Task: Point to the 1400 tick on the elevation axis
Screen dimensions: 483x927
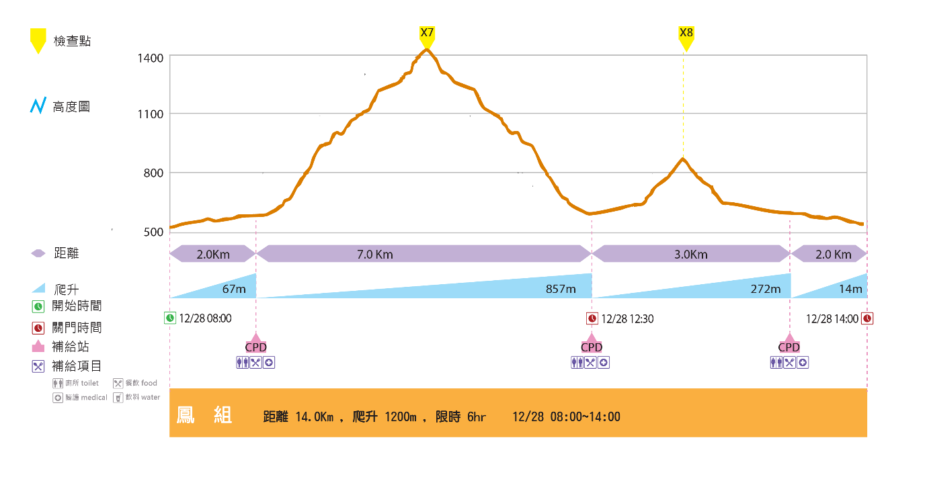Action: (151, 58)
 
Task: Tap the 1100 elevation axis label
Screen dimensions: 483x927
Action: (151, 114)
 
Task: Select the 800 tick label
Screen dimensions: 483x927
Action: (154, 173)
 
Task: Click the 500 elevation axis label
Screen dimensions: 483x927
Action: (154, 232)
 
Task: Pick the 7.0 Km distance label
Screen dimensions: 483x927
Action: (374, 255)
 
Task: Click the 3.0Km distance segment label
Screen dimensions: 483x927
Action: (690, 255)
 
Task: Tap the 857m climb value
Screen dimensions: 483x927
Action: (561, 289)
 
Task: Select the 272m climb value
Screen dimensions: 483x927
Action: (766, 289)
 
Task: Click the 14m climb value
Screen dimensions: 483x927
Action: (850, 289)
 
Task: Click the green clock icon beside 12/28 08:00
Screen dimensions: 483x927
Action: (170, 318)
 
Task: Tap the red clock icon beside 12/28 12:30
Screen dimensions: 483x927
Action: (592, 318)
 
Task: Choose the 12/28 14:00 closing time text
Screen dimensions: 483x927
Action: (832, 318)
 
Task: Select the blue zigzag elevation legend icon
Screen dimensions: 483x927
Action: (38, 106)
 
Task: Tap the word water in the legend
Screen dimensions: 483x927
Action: (151, 398)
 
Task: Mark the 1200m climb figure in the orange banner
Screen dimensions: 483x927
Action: (401, 417)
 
